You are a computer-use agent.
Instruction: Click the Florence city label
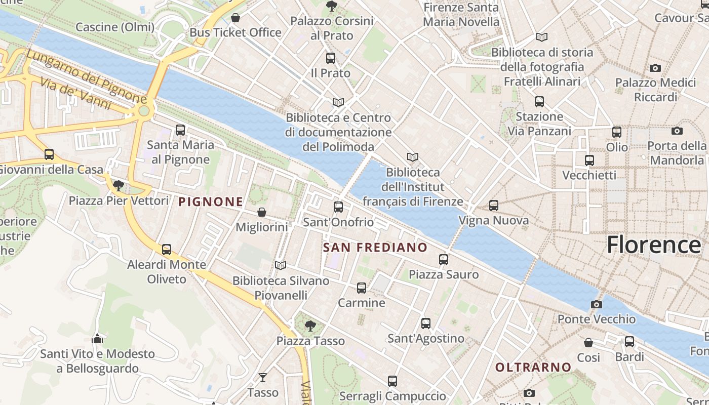[x=654, y=245]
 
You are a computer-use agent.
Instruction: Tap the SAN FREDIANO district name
[x=375, y=248]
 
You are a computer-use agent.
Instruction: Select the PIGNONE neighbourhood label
[x=211, y=201]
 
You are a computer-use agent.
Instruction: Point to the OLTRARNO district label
[x=533, y=367]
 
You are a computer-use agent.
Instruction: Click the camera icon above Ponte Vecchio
[x=597, y=304]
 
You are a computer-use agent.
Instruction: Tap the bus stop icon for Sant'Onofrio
[x=338, y=207]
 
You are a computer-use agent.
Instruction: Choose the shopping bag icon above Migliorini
[x=262, y=212]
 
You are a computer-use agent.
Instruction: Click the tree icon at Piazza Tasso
[x=310, y=326]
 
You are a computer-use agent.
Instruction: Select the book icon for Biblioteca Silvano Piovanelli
[x=281, y=265]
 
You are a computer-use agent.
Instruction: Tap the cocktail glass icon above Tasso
[x=263, y=377]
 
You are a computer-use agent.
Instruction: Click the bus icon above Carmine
[x=362, y=288]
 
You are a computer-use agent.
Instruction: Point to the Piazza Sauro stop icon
[x=444, y=260]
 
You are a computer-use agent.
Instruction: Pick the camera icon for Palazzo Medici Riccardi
[x=655, y=68]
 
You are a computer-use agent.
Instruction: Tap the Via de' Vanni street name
[x=75, y=94]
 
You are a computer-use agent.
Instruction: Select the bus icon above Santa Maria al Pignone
[x=180, y=130]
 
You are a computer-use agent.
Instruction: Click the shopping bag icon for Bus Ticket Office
[x=235, y=18]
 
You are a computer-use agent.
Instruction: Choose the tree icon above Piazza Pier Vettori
[x=119, y=186]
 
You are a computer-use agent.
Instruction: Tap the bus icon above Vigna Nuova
[x=494, y=206]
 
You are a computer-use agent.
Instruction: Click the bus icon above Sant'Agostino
[x=426, y=323]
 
